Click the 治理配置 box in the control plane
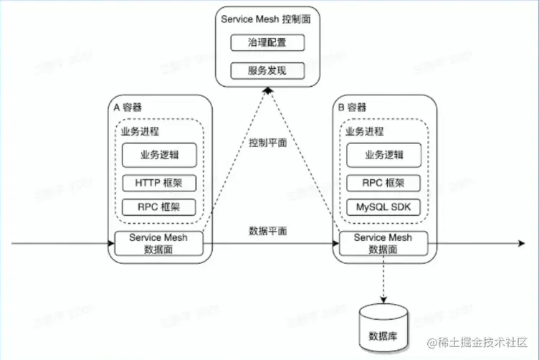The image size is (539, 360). click(x=267, y=42)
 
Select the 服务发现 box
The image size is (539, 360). click(x=267, y=70)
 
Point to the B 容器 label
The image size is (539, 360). click(x=352, y=108)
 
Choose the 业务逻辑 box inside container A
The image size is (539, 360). click(x=158, y=155)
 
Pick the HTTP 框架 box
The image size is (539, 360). click(x=158, y=183)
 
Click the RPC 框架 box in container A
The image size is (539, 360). click(x=158, y=207)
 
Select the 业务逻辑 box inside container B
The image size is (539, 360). click(x=383, y=155)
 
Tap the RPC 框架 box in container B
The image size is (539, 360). click(x=383, y=183)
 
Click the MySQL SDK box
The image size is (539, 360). click(x=383, y=207)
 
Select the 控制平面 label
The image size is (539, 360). click(x=268, y=143)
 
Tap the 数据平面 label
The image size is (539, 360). click(x=268, y=231)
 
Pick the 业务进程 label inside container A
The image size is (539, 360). click(x=140, y=132)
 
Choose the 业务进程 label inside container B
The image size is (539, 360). click(x=364, y=132)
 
